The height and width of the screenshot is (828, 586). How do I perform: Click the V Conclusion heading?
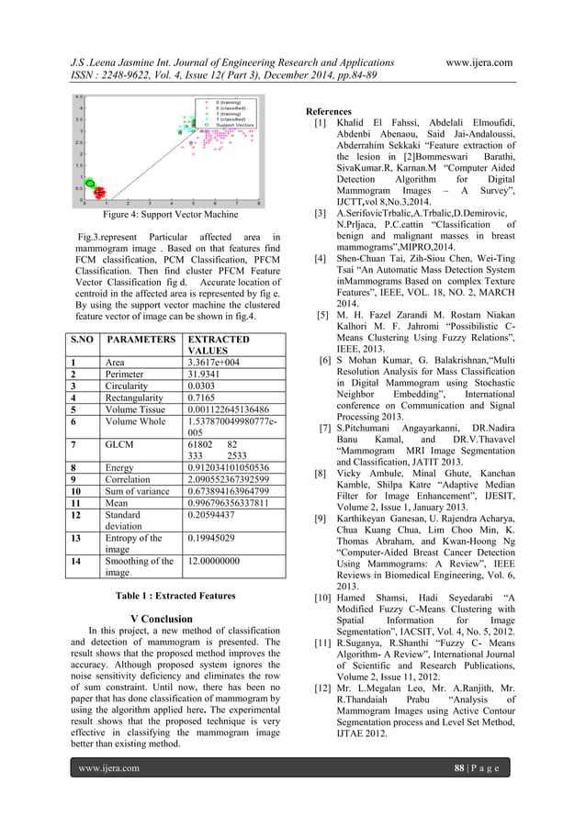tap(162, 619)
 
